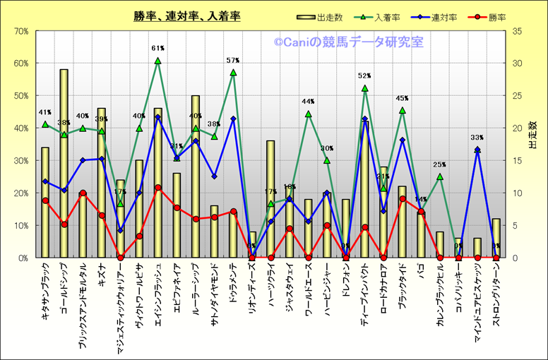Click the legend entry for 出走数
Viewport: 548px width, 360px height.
(x=324, y=16)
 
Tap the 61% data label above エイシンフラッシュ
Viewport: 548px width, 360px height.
(x=157, y=49)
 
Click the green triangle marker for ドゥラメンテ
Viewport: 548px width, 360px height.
(x=233, y=73)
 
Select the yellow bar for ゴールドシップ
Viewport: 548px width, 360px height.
(x=64, y=163)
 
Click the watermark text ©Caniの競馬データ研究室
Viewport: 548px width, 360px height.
(x=349, y=42)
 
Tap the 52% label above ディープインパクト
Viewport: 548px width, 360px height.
(x=364, y=76)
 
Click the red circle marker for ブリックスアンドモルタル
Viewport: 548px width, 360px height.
(x=83, y=193)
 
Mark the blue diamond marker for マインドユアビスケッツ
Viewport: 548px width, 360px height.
(x=477, y=150)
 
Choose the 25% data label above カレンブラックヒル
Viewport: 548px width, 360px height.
(x=439, y=164)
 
